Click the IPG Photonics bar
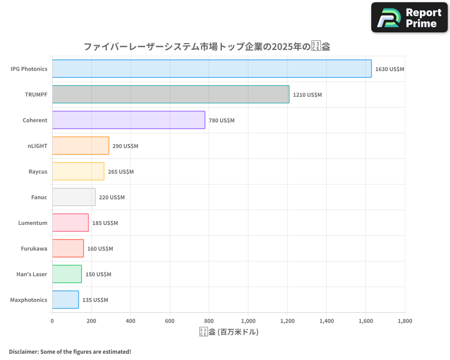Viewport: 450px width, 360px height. coord(211,69)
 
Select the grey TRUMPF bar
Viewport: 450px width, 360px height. coord(171,94)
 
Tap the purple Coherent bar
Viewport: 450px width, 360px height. coord(128,120)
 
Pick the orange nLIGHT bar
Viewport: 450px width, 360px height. coord(81,146)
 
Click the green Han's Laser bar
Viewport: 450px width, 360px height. coord(67,274)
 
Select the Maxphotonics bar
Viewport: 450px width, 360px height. coord(65,300)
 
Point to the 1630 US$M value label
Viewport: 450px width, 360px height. coord(390,69)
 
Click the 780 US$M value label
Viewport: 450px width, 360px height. coord(221,121)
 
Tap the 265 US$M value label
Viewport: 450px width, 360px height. coord(121,172)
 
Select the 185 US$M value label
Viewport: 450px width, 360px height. coord(105,223)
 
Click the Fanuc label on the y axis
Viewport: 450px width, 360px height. coord(39,198)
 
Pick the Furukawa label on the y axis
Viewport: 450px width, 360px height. coord(34,249)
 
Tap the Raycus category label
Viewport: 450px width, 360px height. coord(38,172)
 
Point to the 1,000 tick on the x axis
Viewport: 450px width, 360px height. coord(248,321)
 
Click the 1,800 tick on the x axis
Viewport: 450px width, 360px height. coord(405,321)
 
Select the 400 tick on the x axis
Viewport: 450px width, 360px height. coord(130,321)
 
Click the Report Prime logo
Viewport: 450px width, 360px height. coord(409,18)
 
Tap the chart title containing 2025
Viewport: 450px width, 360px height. coord(207,46)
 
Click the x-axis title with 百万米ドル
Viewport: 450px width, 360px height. coord(229,332)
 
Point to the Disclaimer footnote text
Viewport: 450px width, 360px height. coord(70,351)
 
